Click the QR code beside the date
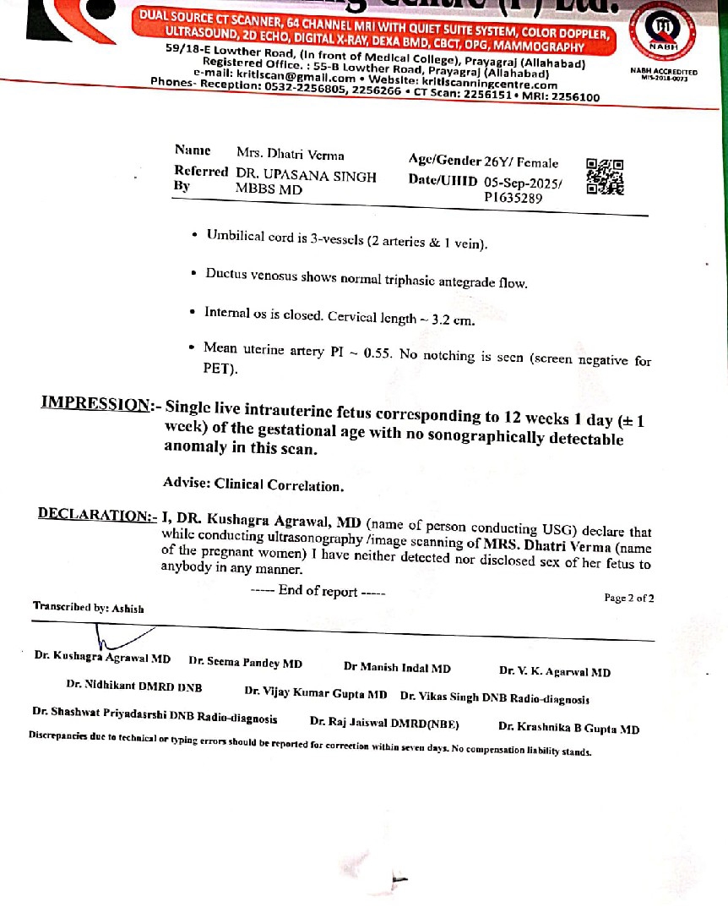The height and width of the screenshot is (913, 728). pos(604,177)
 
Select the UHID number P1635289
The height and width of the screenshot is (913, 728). pos(513,199)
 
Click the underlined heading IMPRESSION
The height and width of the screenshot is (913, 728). pos(95,404)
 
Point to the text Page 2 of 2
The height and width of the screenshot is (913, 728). pos(628,598)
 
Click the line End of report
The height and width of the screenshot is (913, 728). pos(318,591)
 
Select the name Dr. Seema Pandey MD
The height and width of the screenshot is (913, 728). pos(245,664)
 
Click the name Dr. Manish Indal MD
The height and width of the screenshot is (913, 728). pos(397,668)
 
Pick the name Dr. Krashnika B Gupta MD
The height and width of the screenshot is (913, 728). pos(568,728)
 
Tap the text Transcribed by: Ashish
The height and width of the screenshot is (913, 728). pos(89,607)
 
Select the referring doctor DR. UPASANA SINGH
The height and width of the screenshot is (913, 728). pos(307,178)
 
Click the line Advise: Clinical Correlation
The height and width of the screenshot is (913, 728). pos(253,485)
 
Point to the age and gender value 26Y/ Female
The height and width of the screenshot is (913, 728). pos(521,162)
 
